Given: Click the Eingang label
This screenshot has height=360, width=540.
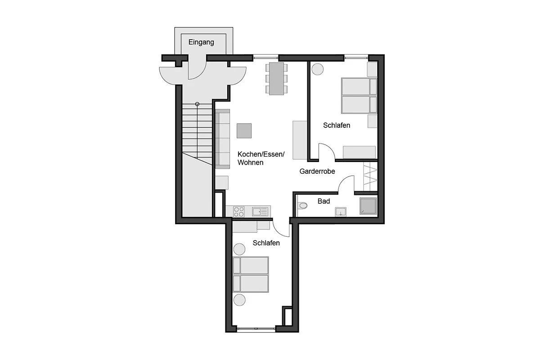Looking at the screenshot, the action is click(x=201, y=42).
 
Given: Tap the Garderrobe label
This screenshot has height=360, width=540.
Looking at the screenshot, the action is click(x=317, y=171).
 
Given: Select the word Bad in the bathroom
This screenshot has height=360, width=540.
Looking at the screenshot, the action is click(x=324, y=201).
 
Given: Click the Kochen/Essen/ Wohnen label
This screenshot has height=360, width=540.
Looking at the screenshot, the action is click(x=261, y=158).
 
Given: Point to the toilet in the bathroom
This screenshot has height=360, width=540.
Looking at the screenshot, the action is click(x=302, y=206).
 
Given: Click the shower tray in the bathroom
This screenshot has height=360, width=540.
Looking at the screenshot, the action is click(x=368, y=206).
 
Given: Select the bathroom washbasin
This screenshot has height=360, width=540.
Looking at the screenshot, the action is click(x=340, y=211).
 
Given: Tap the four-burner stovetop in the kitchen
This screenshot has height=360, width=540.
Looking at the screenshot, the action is click(x=238, y=211).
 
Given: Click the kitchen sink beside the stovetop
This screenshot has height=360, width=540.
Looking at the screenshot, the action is click(x=260, y=211).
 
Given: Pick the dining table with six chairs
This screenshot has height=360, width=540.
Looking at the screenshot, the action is click(x=276, y=79).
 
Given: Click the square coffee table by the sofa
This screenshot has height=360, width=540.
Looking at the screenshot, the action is click(x=244, y=130).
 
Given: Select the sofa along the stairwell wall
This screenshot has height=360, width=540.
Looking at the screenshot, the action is click(x=222, y=139).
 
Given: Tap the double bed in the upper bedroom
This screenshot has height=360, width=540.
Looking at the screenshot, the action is click(x=359, y=95).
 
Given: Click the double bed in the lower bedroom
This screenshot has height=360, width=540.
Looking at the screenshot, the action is click(x=251, y=274).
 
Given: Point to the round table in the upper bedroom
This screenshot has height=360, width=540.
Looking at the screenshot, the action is click(x=318, y=69).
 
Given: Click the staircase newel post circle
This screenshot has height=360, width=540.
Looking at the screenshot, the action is click(x=197, y=104).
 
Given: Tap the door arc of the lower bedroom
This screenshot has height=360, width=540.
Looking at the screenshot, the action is click(x=279, y=231).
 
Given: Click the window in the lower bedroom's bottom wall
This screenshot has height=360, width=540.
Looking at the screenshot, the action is click(x=256, y=328).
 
